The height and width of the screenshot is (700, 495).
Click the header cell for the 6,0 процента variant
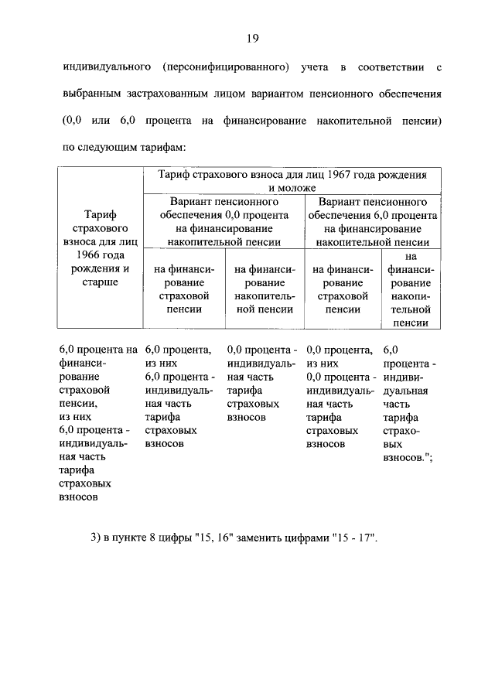(x=373, y=221)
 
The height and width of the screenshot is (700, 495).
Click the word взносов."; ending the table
(x=408, y=459)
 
